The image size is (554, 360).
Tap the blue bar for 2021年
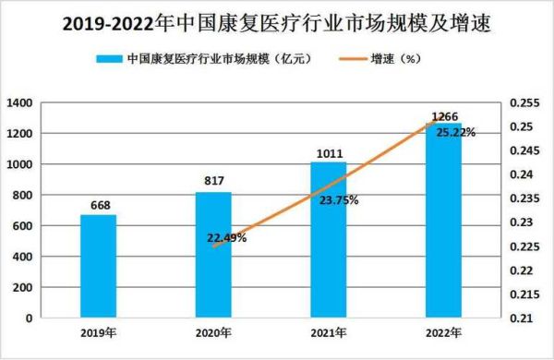pyautogui.click(x=329, y=240)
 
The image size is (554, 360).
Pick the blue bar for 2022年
pyautogui.click(x=444, y=221)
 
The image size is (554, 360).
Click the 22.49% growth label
pyautogui.click(x=226, y=238)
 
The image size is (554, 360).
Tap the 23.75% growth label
pyautogui.click(x=339, y=199)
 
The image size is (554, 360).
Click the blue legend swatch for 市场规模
pyautogui.click(x=113, y=59)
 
